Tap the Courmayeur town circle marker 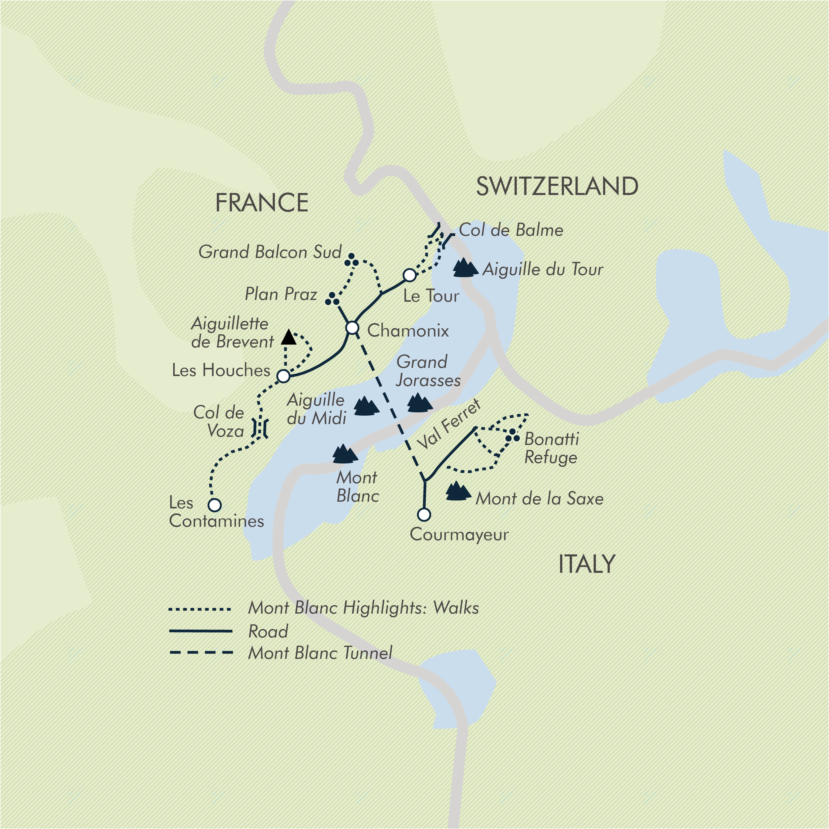coord(424,514)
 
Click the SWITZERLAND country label coord(557,186)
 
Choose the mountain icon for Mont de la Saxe coord(458,492)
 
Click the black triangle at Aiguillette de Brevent coord(289,338)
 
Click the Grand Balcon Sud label coord(270,252)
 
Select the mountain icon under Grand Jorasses coord(419,403)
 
